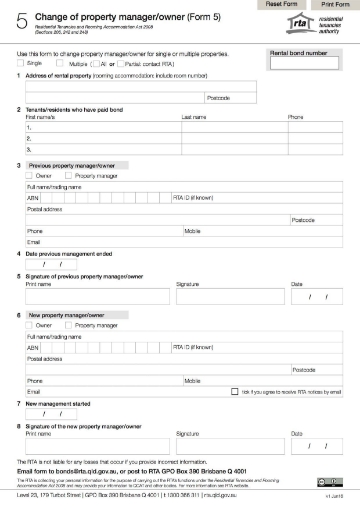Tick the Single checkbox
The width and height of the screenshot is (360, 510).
(21, 63)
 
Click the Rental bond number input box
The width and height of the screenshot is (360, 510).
(298, 64)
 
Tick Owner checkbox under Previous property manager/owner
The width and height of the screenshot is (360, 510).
(30, 174)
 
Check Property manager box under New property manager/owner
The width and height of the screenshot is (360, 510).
(69, 325)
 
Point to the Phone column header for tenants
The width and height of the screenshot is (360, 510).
(295, 117)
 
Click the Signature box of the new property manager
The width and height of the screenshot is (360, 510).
(231, 447)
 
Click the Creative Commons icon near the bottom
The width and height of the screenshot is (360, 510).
(336, 481)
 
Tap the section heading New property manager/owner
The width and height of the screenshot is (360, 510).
(68, 314)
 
